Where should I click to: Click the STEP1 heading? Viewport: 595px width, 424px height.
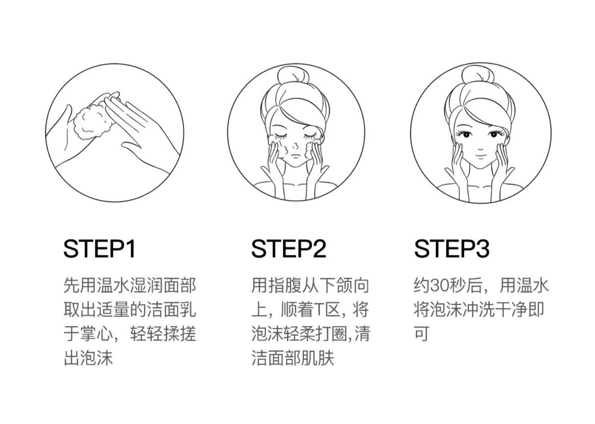(x=99, y=249)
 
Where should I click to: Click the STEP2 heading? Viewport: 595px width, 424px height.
(x=288, y=249)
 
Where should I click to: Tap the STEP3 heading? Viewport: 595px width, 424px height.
(x=451, y=249)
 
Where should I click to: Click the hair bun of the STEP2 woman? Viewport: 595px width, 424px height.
(x=293, y=75)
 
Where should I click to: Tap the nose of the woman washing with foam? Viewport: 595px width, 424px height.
(x=296, y=146)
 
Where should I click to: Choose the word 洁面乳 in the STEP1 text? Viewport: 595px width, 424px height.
(x=171, y=309)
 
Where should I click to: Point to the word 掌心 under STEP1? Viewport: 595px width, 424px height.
(x=97, y=334)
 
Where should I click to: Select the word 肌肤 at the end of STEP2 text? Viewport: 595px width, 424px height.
(x=317, y=358)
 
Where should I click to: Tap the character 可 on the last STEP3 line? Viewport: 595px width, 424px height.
(x=422, y=334)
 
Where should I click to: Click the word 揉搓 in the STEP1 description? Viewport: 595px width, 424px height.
(x=180, y=334)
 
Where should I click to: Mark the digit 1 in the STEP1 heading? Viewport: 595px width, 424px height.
(x=131, y=249)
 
